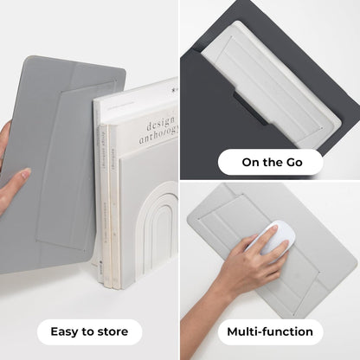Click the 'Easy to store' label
[x=89, y=331]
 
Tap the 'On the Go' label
[x=270, y=162]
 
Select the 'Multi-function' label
[x=270, y=331]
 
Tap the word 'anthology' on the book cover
[x=157, y=132]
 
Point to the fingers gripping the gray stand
[x=10, y=186]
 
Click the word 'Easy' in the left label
[x=66, y=331]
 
